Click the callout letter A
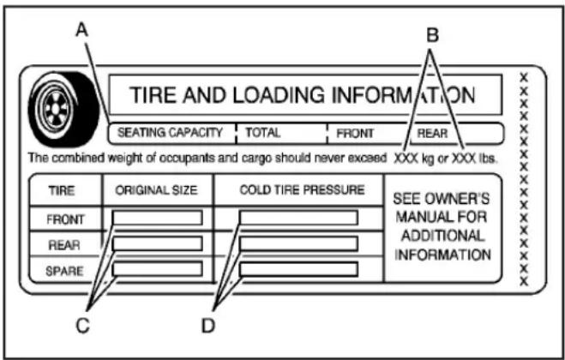coord(81,31)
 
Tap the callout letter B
coord(433,37)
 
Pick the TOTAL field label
coord(262,134)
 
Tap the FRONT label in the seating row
coord(355,134)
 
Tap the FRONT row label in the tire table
coord(65,218)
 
